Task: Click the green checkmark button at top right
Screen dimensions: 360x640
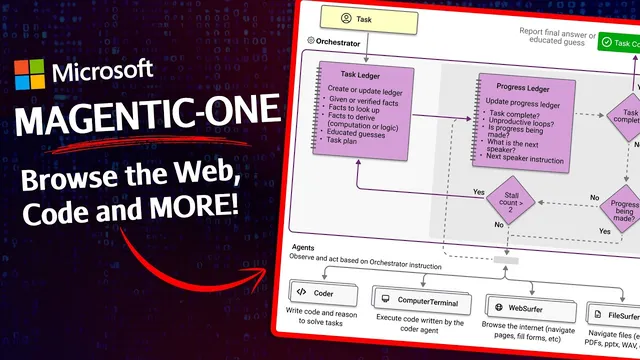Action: coord(606,42)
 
